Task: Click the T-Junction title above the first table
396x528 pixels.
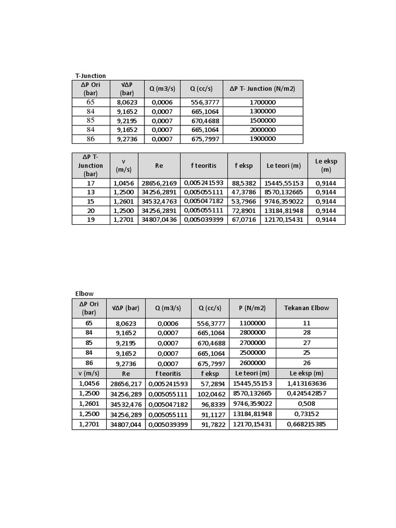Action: coord(91,76)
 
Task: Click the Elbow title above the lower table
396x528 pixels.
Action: coord(85,294)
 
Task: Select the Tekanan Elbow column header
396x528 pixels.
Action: coord(306,308)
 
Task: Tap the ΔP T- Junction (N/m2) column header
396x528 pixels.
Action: coord(262,89)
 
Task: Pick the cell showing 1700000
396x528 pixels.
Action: coord(262,102)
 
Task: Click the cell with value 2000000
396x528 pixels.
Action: coord(262,129)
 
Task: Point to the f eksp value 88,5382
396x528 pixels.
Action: coord(244,183)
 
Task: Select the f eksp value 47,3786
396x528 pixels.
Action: coord(244,192)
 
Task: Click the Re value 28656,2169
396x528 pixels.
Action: coord(159,183)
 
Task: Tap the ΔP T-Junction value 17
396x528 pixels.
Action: coord(91,183)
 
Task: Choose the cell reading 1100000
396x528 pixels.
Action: coord(252,323)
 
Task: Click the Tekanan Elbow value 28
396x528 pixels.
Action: coord(306,333)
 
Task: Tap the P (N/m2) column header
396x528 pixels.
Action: coord(252,308)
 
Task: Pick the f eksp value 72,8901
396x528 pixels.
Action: coord(244,210)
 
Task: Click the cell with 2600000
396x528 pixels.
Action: coord(252,363)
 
